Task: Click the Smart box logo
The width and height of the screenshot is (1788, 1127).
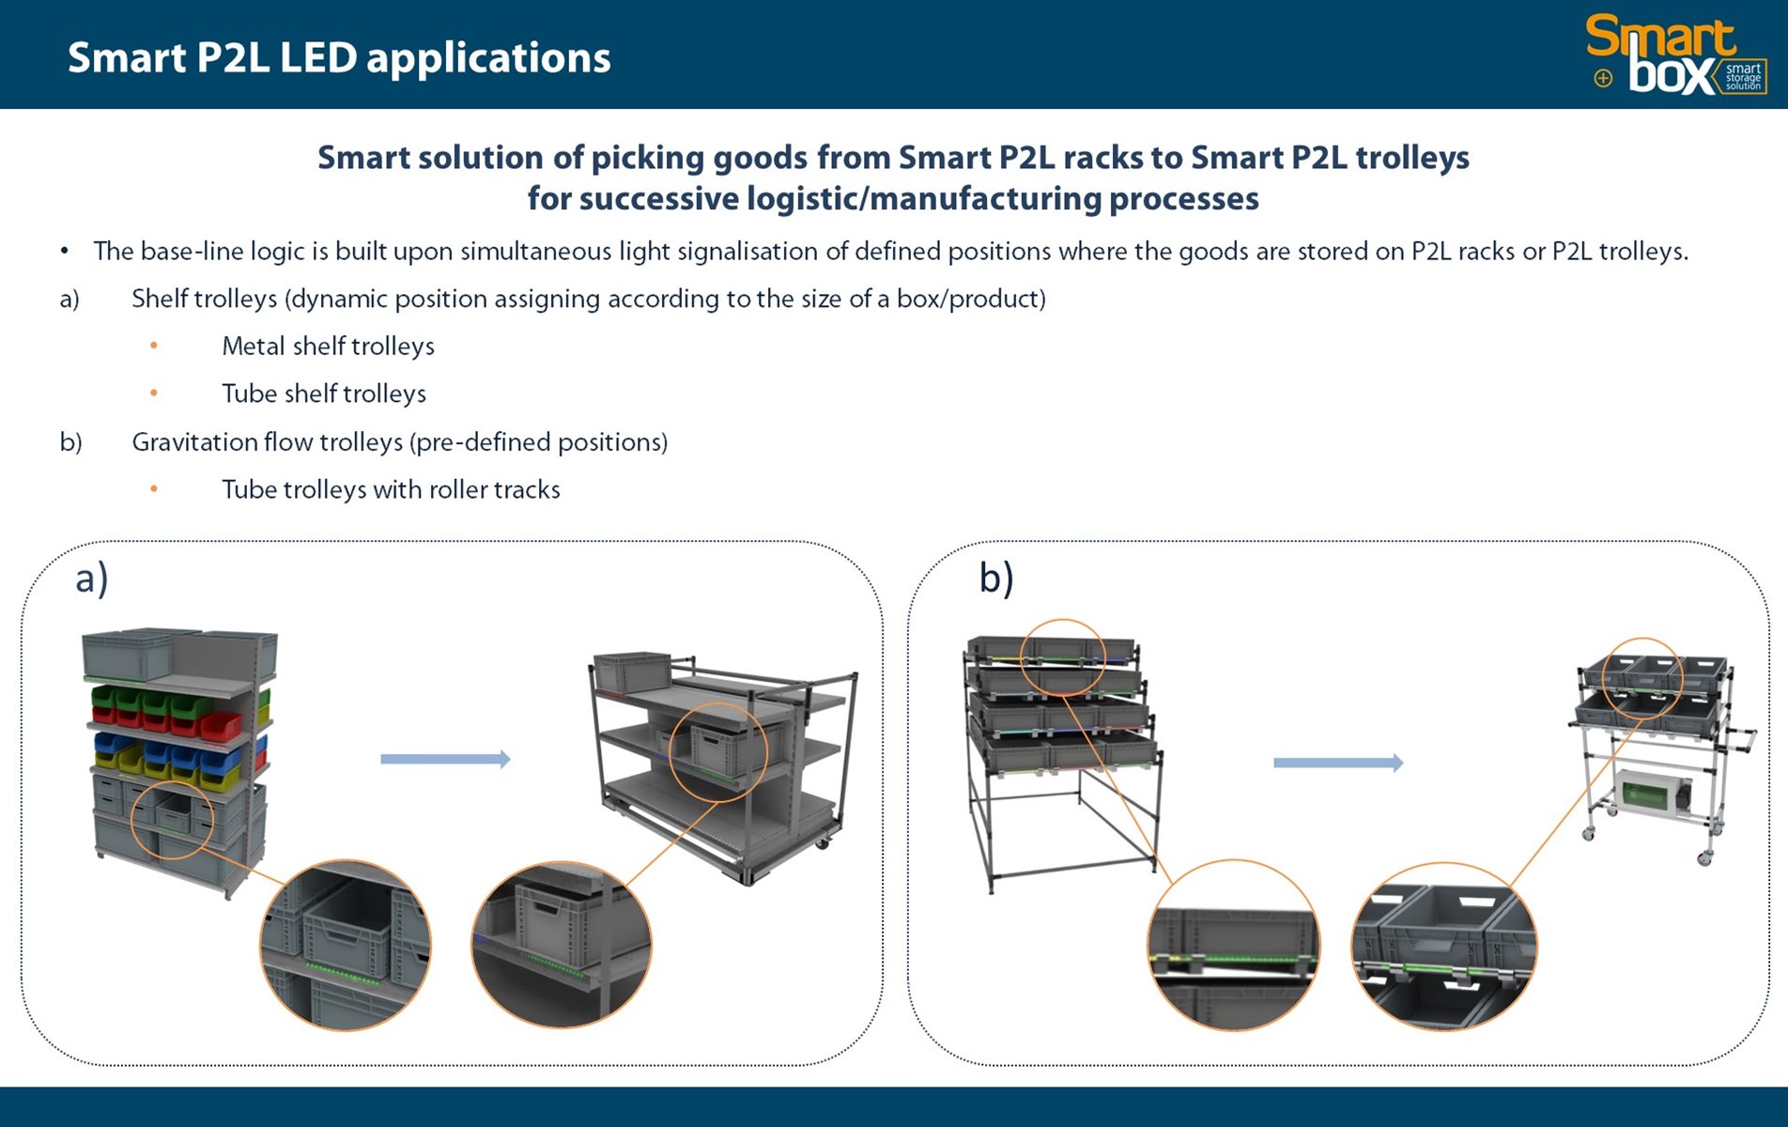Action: coord(1675,55)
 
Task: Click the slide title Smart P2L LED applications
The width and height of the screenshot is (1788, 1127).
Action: coord(339,58)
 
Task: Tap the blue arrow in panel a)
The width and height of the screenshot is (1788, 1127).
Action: coord(445,759)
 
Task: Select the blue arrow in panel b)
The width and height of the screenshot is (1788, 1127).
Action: coord(1337,763)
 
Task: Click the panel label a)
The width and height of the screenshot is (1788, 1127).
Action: coord(92,578)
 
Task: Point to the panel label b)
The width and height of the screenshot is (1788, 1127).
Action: coord(995,578)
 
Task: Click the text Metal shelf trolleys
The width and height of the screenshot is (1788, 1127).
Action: coord(328,347)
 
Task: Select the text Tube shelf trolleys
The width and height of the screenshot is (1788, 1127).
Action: coord(323,394)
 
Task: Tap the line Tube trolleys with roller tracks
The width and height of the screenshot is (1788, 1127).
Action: coord(391,489)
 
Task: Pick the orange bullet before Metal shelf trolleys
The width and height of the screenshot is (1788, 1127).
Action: coord(154,347)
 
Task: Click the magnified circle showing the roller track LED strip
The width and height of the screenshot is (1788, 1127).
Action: coord(1233,945)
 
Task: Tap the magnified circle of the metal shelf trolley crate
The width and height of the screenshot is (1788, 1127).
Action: coord(561,945)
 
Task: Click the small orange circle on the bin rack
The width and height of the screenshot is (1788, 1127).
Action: coord(173,819)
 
